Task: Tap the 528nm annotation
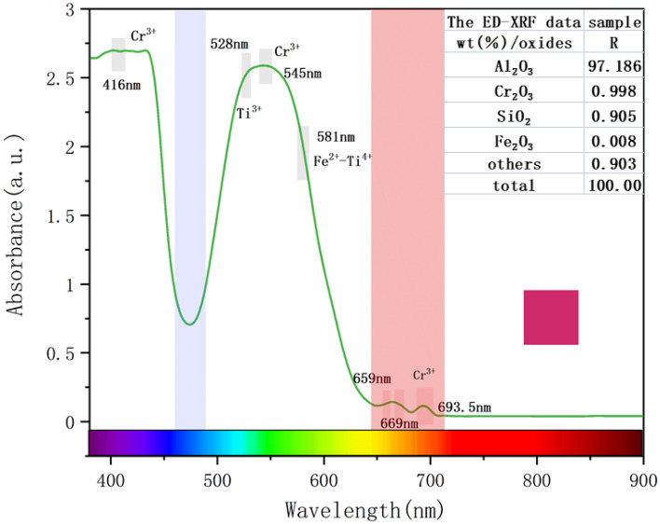[227, 44]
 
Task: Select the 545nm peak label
[302, 74]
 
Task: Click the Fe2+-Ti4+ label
[342, 159]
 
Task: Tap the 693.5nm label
[463, 407]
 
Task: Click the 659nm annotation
[371, 379]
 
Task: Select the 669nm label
[399, 423]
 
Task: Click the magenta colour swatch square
[550, 317]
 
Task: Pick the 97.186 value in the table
[613, 67]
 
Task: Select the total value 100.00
[613, 186]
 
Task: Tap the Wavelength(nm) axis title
[364, 510]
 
